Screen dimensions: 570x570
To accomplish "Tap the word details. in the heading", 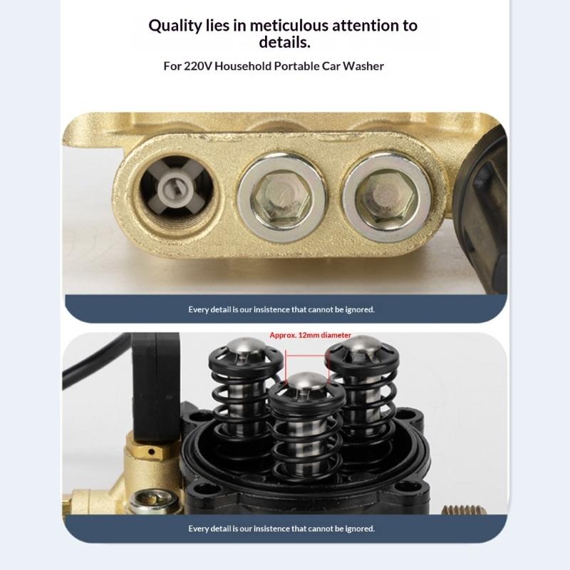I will click(283, 43).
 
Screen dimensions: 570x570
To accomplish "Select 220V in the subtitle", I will click(197, 66).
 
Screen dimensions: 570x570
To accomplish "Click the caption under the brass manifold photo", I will click(281, 309).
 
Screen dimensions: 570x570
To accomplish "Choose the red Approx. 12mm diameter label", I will click(311, 334).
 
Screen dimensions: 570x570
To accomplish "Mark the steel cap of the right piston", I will click(361, 351).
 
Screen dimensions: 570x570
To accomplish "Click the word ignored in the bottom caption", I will click(358, 529).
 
